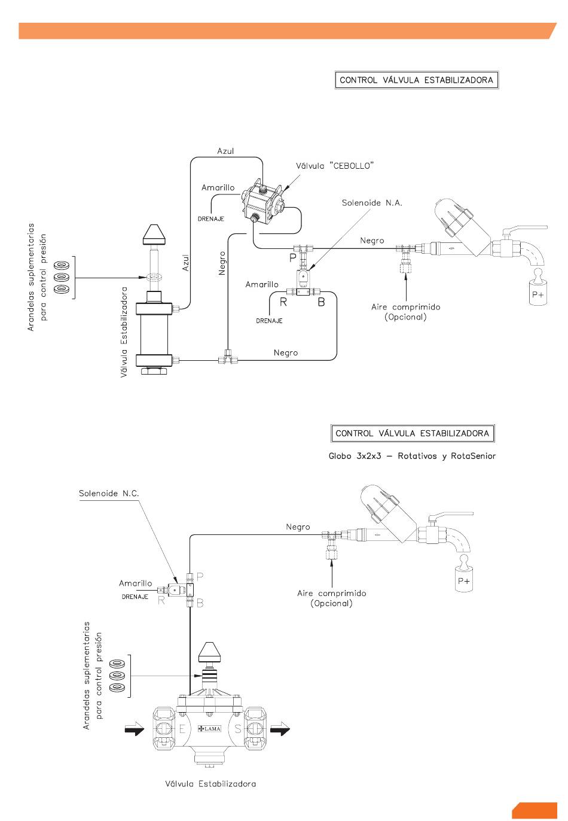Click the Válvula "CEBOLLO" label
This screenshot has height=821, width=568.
[x=335, y=166]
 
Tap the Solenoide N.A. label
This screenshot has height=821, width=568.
[x=372, y=203]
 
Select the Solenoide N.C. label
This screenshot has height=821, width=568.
[x=109, y=493]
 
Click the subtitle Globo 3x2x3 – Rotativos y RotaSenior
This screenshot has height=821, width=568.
[x=412, y=456]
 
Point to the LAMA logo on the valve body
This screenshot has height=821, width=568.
[x=209, y=729]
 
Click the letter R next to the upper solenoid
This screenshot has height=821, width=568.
[x=283, y=302]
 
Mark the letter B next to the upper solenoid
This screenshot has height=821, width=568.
[x=321, y=302]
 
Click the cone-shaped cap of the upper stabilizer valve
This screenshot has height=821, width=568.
[x=154, y=235]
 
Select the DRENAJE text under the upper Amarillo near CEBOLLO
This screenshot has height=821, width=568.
[x=211, y=219]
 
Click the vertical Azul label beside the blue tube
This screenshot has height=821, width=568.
[x=186, y=263]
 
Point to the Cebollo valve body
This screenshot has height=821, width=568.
[x=263, y=203]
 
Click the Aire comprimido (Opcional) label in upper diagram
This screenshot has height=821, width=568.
[x=406, y=312]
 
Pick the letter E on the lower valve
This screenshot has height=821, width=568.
[x=182, y=729]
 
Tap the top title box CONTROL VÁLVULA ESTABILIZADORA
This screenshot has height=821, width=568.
[x=417, y=80]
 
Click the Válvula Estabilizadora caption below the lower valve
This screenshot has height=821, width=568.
[x=210, y=784]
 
